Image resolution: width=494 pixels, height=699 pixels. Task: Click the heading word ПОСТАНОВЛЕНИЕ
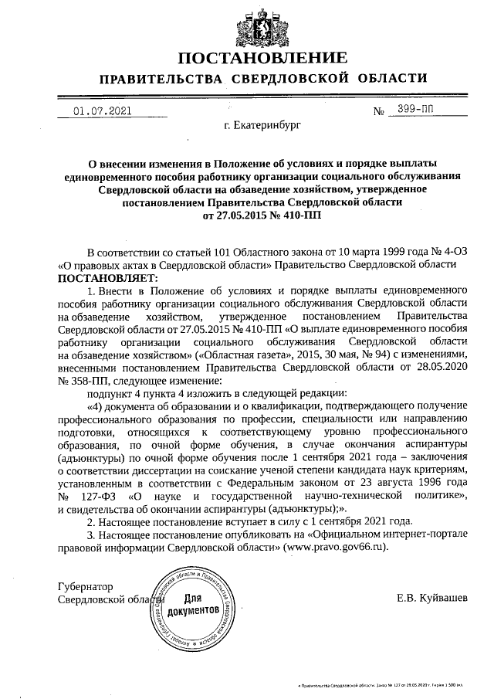(x=262, y=59)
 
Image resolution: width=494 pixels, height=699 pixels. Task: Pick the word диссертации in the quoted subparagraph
(x=204, y=469)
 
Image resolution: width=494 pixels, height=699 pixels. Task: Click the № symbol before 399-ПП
(x=379, y=111)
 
